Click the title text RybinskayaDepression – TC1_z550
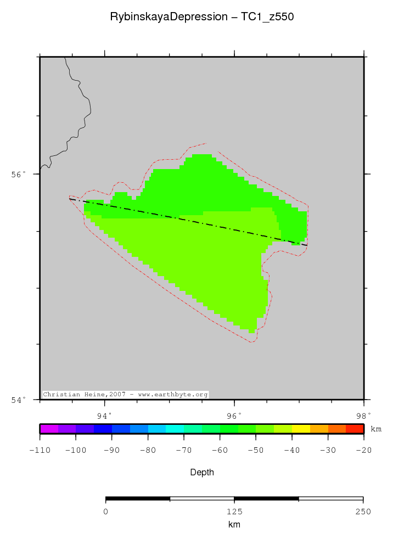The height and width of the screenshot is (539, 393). pyautogui.click(x=202, y=17)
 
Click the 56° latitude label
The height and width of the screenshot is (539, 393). pyautogui.click(x=19, y=174)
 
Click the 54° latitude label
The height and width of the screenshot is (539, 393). pyautogui.click(x=19, y=400)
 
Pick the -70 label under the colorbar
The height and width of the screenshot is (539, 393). pyautogui.click(x=184, y=450)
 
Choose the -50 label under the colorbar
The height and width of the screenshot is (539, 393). pyautogui.click(x=256, y=450)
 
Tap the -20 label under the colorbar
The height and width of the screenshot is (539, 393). pyautogui.click(x=363, y=450)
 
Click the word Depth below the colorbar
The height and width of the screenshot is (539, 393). pyautogui.click(x=202, y=472)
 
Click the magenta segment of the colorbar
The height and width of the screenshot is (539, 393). pyautogui.click(x=49, y=429)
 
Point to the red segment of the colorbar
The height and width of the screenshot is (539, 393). pyautogui.click(x=355, y=429)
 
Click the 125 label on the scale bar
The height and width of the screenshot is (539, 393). pyautogui.click(x=234, y=512)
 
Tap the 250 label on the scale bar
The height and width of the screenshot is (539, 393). pyautogui.click(x=363, y=512)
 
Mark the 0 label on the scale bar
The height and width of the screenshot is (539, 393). pyautogui.click(x=105, y=512)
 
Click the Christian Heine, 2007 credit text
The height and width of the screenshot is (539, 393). pyautogui.click(x=125, y=395)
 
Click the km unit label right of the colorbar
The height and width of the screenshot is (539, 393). pyautogui.click(x=377, y=428)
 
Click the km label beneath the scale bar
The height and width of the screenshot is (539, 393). pyautogui.click(x=234, y=525)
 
